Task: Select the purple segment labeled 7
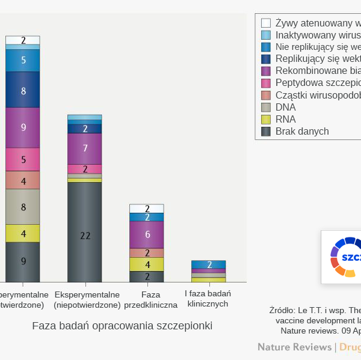[x=85, y=148]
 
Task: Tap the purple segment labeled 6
[x=147, y=234]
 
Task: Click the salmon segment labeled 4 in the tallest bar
[x=23, y=180]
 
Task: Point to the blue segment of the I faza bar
[x=209, y=264]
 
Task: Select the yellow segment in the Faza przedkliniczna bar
[x=147, y=264]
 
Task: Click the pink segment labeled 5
[x=23, y=159]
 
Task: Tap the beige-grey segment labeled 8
[x=23, y=207]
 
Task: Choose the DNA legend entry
[x=285, y=107]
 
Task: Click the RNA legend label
[x=285, y=119]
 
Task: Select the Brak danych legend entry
[x=301, y=131]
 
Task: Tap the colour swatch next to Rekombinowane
[x=266, y=71]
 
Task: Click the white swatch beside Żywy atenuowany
[x=266, y=23]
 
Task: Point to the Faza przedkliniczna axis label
[x=150, y=299]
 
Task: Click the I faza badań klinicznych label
[x=208, y=299]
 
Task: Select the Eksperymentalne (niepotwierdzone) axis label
[x=87, y=299]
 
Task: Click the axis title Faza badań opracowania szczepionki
[x=122, y=326]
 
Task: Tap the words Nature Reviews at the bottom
[x=294, y=347]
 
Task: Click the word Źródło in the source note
[x=282, y=311]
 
